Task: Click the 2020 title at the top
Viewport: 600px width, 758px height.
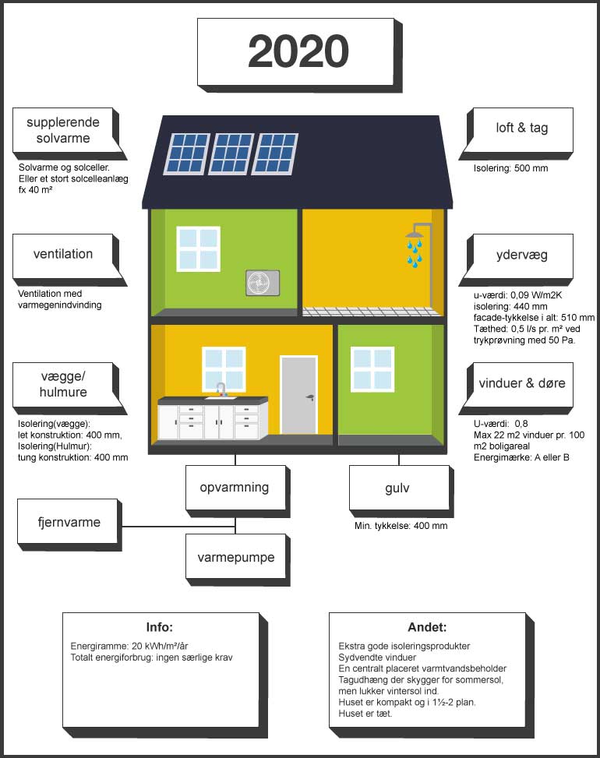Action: [x=298, y=51]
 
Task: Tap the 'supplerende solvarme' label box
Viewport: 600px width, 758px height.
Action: [x=63, y=130]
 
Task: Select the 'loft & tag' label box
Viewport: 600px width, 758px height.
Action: [x=522, y=128]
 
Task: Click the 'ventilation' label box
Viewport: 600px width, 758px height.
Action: [x=63, y=255]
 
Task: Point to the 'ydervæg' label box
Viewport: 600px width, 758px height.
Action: [x=522, y=256]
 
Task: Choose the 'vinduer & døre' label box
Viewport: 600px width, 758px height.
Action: [x=522, y=384]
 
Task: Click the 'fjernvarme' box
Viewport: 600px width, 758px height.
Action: [x=68, y=522]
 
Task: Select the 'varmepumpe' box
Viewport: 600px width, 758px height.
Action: [x=235, y=557]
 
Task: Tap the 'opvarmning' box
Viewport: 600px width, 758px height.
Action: [x=235, y=488]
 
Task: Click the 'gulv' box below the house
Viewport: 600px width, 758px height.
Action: [x=399, y=488]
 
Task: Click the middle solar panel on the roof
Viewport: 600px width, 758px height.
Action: [x=231, y=153]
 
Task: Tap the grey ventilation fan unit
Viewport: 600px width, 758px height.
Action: [x=263, y=283]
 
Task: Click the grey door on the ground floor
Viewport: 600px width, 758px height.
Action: [x=298, y=396]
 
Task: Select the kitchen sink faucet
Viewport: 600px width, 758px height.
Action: [x=221, y=390]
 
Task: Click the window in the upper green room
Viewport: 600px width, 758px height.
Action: [x=198, y=249]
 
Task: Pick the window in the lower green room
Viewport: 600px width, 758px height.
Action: [x=372, y=369]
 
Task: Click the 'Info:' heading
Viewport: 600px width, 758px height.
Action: [x=160, y=627]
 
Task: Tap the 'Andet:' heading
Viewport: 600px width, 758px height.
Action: [x=427, y=627]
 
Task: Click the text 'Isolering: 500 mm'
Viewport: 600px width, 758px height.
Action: [x=510, y=168]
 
